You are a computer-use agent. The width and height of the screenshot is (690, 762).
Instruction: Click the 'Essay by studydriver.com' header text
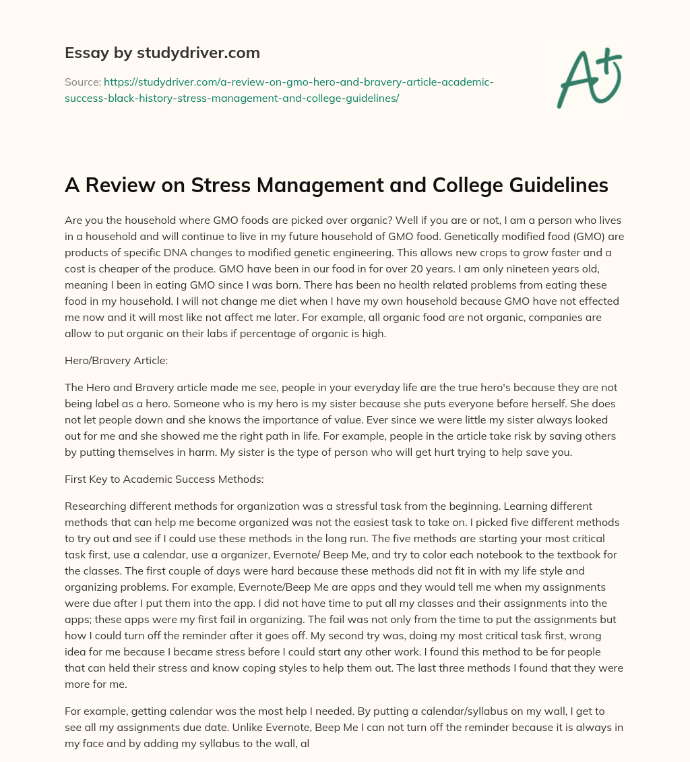click(x=162, y=53)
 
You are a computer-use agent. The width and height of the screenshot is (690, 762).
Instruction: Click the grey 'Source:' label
click(x=82, y=82)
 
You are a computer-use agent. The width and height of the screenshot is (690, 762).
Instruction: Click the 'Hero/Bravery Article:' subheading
click(x=116, y=360)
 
